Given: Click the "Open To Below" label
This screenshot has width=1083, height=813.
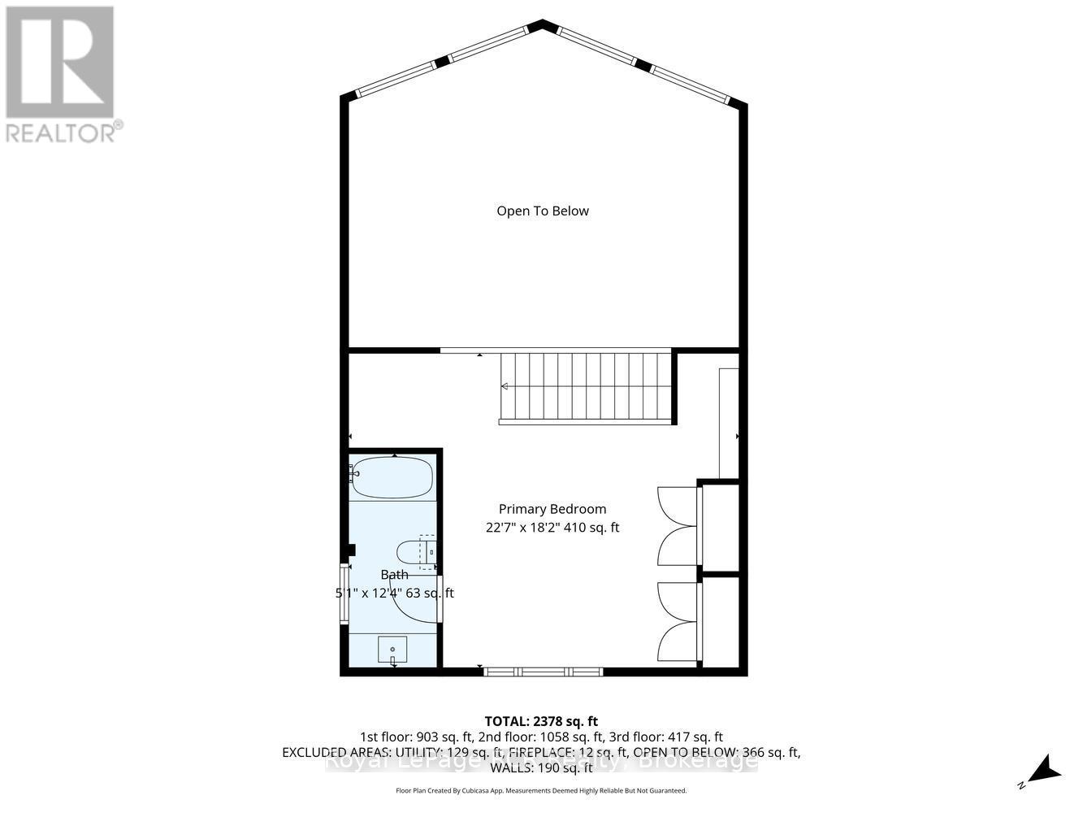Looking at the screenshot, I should (x=543, y=211).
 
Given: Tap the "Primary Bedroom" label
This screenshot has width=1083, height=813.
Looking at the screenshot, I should (x=552, y=509).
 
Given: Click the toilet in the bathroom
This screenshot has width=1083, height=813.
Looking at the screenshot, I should (x=418, y=551).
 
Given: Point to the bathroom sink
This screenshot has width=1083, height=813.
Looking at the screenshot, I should (x=392, y=650).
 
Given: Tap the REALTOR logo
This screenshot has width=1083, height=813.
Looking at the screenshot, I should (x=60, y=63).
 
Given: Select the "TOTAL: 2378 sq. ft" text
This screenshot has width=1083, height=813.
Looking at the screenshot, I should (x=541, y=721).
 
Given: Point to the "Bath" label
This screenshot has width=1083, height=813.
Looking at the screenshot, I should (x=395, y=575).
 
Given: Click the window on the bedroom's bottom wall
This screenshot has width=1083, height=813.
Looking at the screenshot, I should (x=543, y=672).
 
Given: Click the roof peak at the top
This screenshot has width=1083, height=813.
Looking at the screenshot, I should (x=542, y=24).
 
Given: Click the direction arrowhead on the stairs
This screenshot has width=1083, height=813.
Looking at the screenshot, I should (x=505, y=386).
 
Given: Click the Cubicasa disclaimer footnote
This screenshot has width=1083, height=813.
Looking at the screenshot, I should (x=541, y=790).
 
